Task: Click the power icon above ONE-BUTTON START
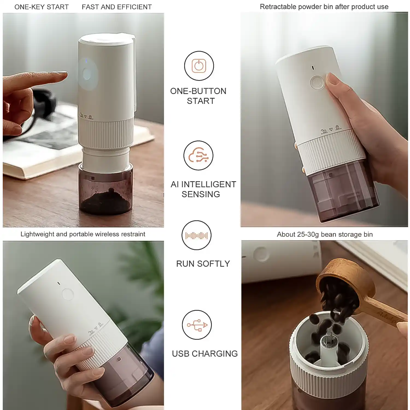(x=199, y=66)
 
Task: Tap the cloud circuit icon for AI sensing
(x=198, y=156)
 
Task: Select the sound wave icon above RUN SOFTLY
(x=197, y=235)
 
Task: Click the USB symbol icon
(x=197, y=325)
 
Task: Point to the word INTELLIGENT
(x=209, y=184)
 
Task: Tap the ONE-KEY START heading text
(x=42, y=7)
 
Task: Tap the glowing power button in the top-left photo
(x=87, y=74)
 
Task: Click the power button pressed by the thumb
(x=317, y=82)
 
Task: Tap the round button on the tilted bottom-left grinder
(x=68, y=294)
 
